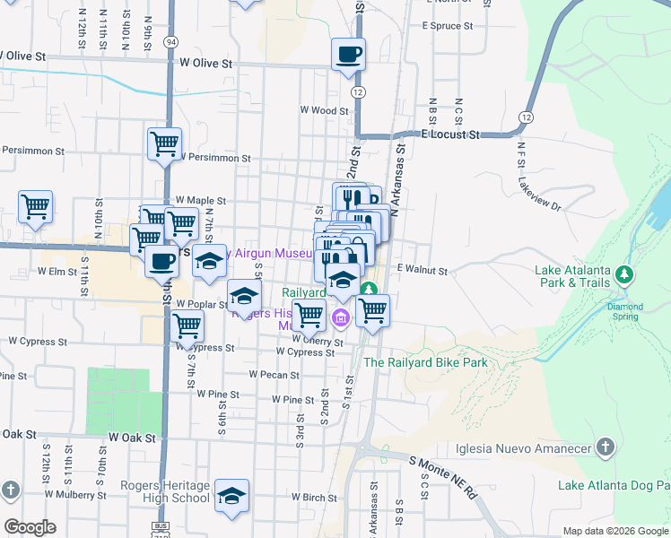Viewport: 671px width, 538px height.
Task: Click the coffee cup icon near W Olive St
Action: pos(348,54)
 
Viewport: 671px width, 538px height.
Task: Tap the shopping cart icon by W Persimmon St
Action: pos(164,143)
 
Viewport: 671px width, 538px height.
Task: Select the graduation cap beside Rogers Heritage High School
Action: pos(231,495)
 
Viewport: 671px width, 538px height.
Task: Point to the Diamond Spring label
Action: pos(624,311)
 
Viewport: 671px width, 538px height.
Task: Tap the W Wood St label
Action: pos(324,110)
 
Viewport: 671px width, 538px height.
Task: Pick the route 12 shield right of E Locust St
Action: pos(526,117)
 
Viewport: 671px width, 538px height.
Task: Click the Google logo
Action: pos(30,527)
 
